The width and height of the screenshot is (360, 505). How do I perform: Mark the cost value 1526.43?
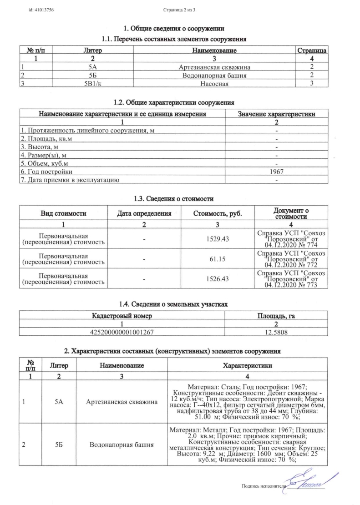[217, 279]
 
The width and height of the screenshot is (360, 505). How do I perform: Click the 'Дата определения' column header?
[144, 213]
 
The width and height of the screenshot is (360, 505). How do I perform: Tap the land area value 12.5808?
[276, 333]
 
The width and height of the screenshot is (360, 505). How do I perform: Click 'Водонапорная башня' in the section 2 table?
[122, 444]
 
